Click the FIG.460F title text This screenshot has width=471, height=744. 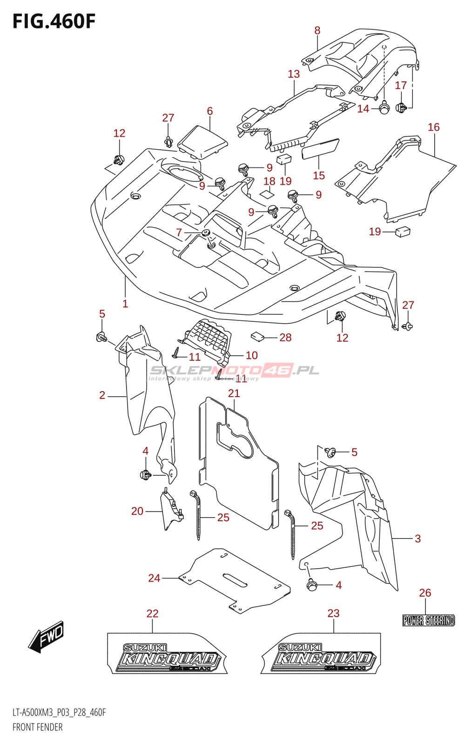click(x=54, y=21)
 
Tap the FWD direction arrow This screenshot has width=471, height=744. click(x=47, y=636)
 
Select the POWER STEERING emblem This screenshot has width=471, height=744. click(x=428, y=620)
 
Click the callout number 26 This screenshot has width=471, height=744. click(x=425, y=593)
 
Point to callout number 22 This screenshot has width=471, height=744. click(x=152, y=614)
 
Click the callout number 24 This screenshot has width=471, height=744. click(x=154, y=578)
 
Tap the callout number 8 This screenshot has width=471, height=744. click(x=317, y=31)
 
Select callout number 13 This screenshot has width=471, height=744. click(x=294, y=74)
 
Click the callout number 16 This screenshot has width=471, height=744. click(x=433, y=127)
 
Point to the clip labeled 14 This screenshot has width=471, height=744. click(x=384, y=108)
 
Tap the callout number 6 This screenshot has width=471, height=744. click(x=210, y=111)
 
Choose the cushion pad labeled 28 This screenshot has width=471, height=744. click(x=258, y=336)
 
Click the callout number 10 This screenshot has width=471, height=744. click(x=251, y=355)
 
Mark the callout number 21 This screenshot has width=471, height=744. click(x=234, y=393)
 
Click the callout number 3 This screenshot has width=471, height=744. click(x=417, y=538)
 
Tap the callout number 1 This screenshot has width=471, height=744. click(x=125, y=304)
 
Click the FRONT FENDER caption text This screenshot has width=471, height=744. click(x=38, y=727)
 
